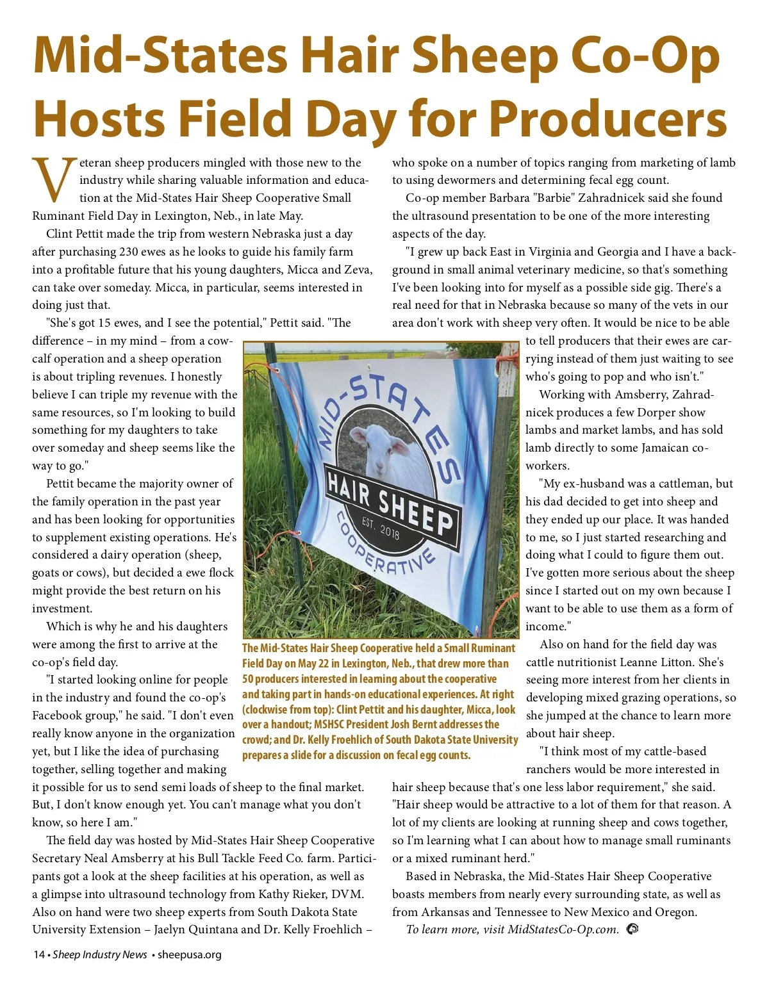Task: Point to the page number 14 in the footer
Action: (38, 954)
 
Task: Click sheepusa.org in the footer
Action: (190, 954)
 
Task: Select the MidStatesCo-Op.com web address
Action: (563, 929)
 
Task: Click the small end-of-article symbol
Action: (632, 928)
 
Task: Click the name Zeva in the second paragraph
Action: (356, 270)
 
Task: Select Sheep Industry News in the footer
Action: (100, 954)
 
